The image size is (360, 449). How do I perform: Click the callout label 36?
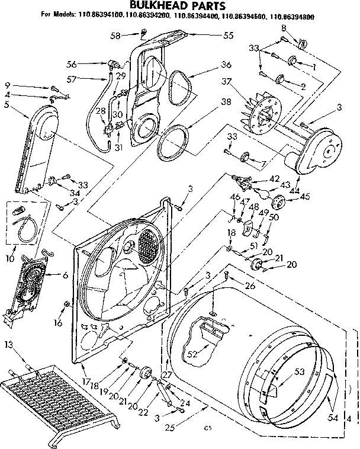(x=209, y=65)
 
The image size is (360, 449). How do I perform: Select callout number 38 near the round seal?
(x=209, y=101)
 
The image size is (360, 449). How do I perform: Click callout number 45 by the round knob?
(x=305, y=197)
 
